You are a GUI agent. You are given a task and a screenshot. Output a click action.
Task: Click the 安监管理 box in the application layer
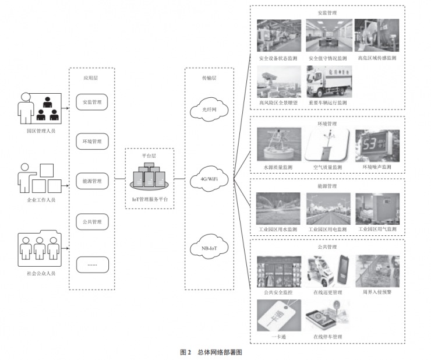pos(92,102)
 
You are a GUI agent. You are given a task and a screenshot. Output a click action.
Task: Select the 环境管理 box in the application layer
pos(92,142)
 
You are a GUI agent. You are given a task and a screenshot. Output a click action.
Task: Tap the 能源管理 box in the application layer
pos(92,181)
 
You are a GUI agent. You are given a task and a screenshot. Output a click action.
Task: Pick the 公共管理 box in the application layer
pos(92,221)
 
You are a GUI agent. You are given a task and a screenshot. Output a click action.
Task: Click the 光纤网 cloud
pos(209,110)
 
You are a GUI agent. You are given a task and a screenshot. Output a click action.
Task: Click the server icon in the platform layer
pos(150,177)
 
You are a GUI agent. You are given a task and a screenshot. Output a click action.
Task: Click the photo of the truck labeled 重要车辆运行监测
pos(328,82)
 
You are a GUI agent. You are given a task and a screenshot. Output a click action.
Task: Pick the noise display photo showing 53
pos(377,145)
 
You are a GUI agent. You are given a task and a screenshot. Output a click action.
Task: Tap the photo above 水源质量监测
pos(278,145)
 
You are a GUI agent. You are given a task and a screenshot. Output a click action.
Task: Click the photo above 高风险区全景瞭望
pos(278,82)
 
